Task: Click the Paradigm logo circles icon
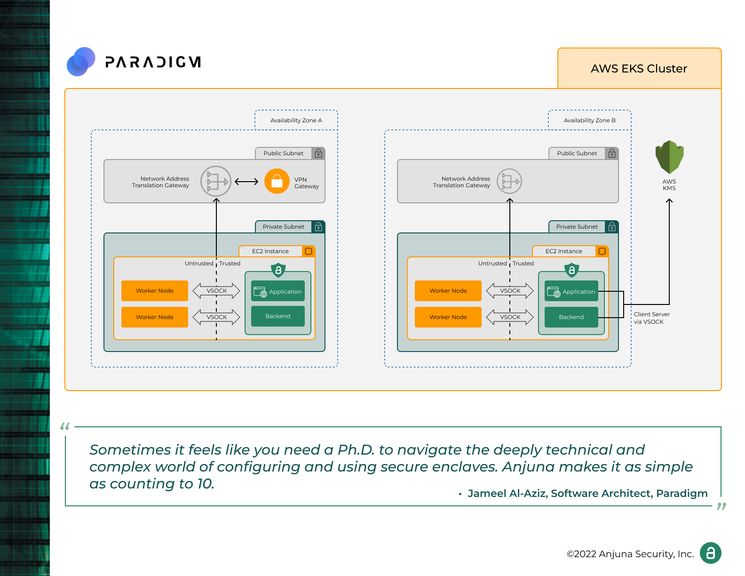pos(81,62)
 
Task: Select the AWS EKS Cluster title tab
pos(639,69)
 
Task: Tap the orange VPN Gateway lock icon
pos(277,181)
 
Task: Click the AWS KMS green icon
pos(669,157)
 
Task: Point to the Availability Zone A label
pos(296,120)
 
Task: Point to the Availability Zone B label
pos(589,120)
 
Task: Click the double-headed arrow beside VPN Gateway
pos(246,182)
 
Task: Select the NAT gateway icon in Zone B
pos(509,181)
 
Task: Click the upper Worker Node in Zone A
pos(155,291)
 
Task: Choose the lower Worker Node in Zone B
pos(448,317)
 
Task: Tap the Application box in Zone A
pos(278,291)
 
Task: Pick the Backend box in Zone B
pos(571,317)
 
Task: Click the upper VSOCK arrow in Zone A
pos(216,291)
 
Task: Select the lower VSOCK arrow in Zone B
pos(510,317)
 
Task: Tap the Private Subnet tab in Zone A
pos(284,227)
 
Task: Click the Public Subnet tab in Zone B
pos(577,153)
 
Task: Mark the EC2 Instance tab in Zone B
pos(564,251)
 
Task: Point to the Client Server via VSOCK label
pos(651,318)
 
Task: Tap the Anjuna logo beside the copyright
pos(710,553)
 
